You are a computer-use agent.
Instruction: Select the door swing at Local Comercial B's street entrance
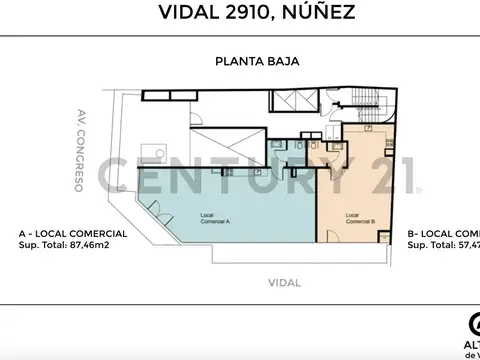pos(385,233)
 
